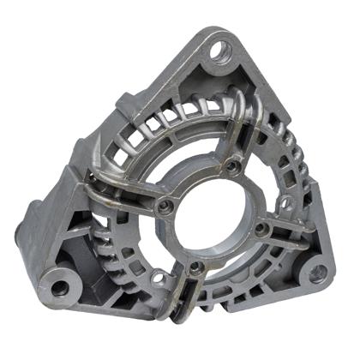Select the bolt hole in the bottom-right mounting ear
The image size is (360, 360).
pyautogui.click(x=317, y=273)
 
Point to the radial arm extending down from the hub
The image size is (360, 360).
pyautogui.click(x=194, y=296)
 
